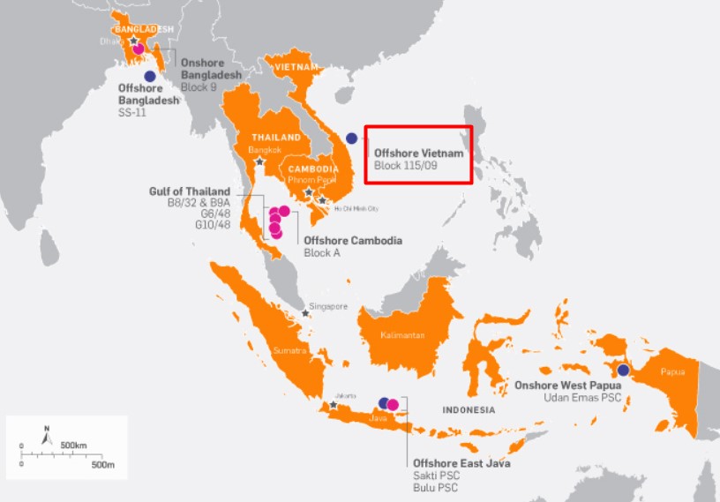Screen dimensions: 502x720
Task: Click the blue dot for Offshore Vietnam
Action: point(352,138)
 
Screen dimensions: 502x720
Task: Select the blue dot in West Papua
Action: point(624,370)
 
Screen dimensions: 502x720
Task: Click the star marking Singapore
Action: point(306,313)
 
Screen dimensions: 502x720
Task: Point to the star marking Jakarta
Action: point(333,406)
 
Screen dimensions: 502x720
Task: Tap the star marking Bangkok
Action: point(259,161)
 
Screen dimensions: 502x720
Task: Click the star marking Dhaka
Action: point(133,41)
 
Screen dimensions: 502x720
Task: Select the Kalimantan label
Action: point(402,335)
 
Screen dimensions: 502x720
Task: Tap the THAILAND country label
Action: point(275,138)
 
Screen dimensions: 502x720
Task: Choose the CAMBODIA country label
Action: point(312,169)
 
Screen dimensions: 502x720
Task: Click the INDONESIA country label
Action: point(469,410)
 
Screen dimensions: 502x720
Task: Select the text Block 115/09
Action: point(405,165)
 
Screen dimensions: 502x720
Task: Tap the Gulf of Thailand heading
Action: point(190,191)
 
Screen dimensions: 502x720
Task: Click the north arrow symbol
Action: point(47,433)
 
